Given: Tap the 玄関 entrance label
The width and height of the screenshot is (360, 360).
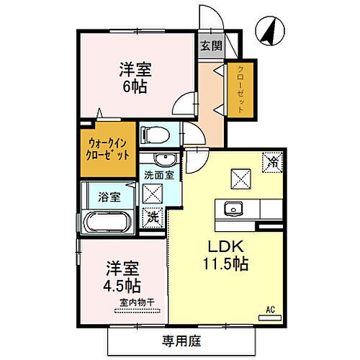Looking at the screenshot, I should point(211,46).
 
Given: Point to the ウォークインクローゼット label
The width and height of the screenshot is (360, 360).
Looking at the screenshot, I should point(107,149).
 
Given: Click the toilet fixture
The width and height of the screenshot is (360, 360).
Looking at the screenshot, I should point(154,134).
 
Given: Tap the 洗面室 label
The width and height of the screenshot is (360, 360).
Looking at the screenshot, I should point(158,174).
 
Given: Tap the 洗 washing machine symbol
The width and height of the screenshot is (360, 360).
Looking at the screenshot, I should point(153,215).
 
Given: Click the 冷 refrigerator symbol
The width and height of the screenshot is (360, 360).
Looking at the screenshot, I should point(271,162).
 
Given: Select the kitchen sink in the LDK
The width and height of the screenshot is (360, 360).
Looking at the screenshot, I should point(232,210).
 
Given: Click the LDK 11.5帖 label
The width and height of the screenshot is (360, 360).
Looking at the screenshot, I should point(224,255).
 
